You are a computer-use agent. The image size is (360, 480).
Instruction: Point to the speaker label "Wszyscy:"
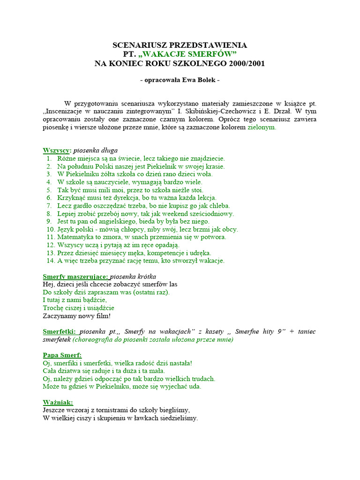click(x=57, y=150)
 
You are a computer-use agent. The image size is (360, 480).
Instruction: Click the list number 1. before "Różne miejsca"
click(x=49, y=158)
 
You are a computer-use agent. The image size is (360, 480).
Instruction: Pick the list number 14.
click(x=51, y=260)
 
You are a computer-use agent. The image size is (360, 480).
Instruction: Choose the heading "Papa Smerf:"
click(x=62, y=355)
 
